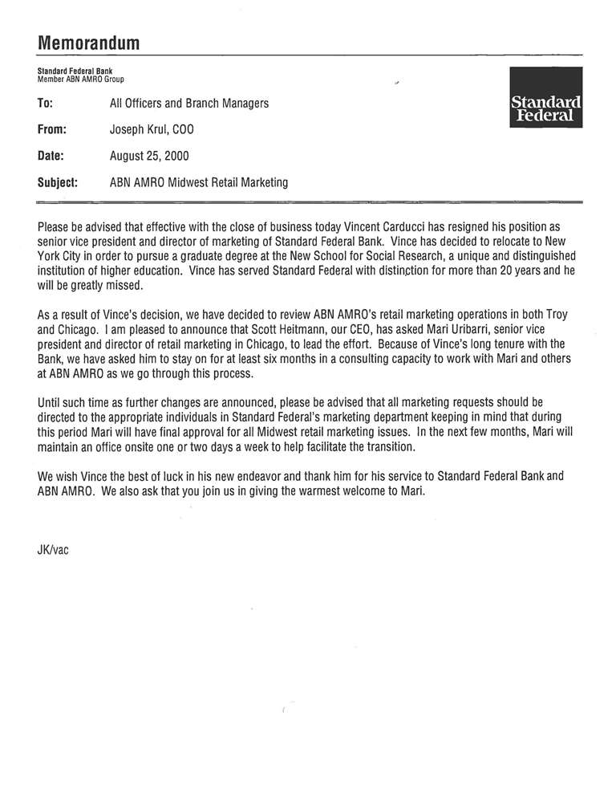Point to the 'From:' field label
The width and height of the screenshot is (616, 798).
[51, 129]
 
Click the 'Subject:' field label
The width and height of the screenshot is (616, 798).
[58, 182]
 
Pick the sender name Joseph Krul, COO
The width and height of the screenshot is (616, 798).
[152, 129]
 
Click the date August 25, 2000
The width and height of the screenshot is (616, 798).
[150, 156]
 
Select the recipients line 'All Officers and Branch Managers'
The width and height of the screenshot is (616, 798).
[189, 104]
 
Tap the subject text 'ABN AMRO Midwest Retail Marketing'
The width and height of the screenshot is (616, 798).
[199, 182]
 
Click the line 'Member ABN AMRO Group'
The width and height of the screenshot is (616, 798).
[81, 79]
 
